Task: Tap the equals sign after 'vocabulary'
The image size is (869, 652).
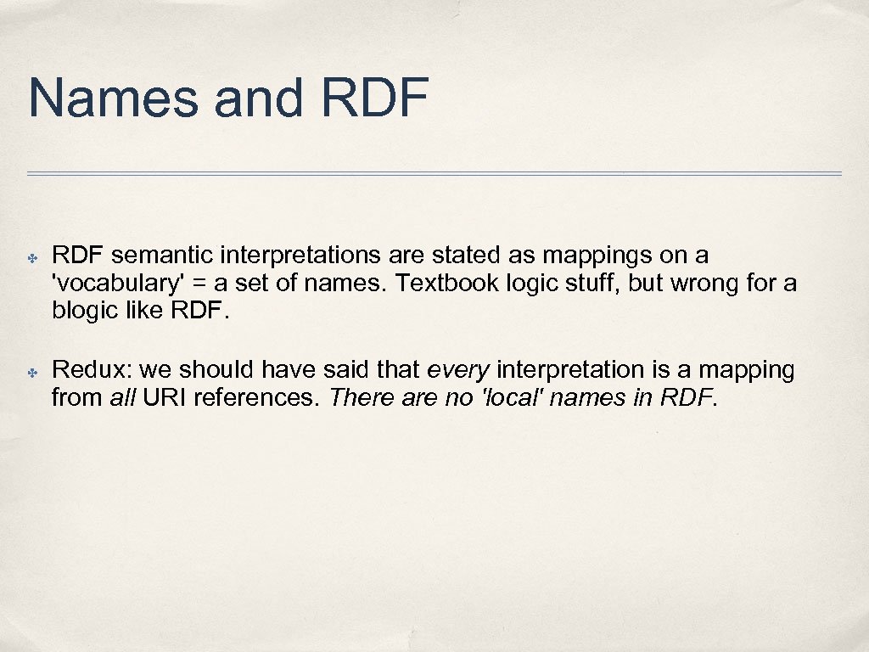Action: pyautogui.click(x=179, y=283)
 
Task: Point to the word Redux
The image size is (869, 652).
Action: pyautogui.click(x=91, y=370)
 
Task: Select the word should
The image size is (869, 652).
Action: pyautogui.click(x=210, y=370)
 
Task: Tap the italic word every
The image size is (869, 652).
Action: pyautogui.click(x=458, y=370)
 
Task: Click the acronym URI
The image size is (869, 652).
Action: pyautogui.click(x=165, y=397)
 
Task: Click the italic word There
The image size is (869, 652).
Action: pyautogui.click(x=357, y=397)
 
